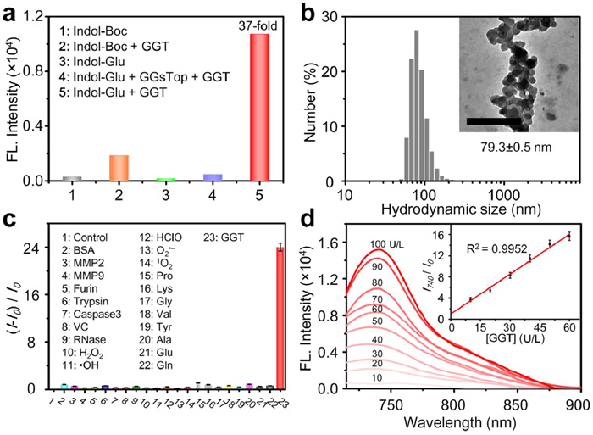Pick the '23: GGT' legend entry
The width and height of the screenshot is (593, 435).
pyautogui.click(x=223, y=235)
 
